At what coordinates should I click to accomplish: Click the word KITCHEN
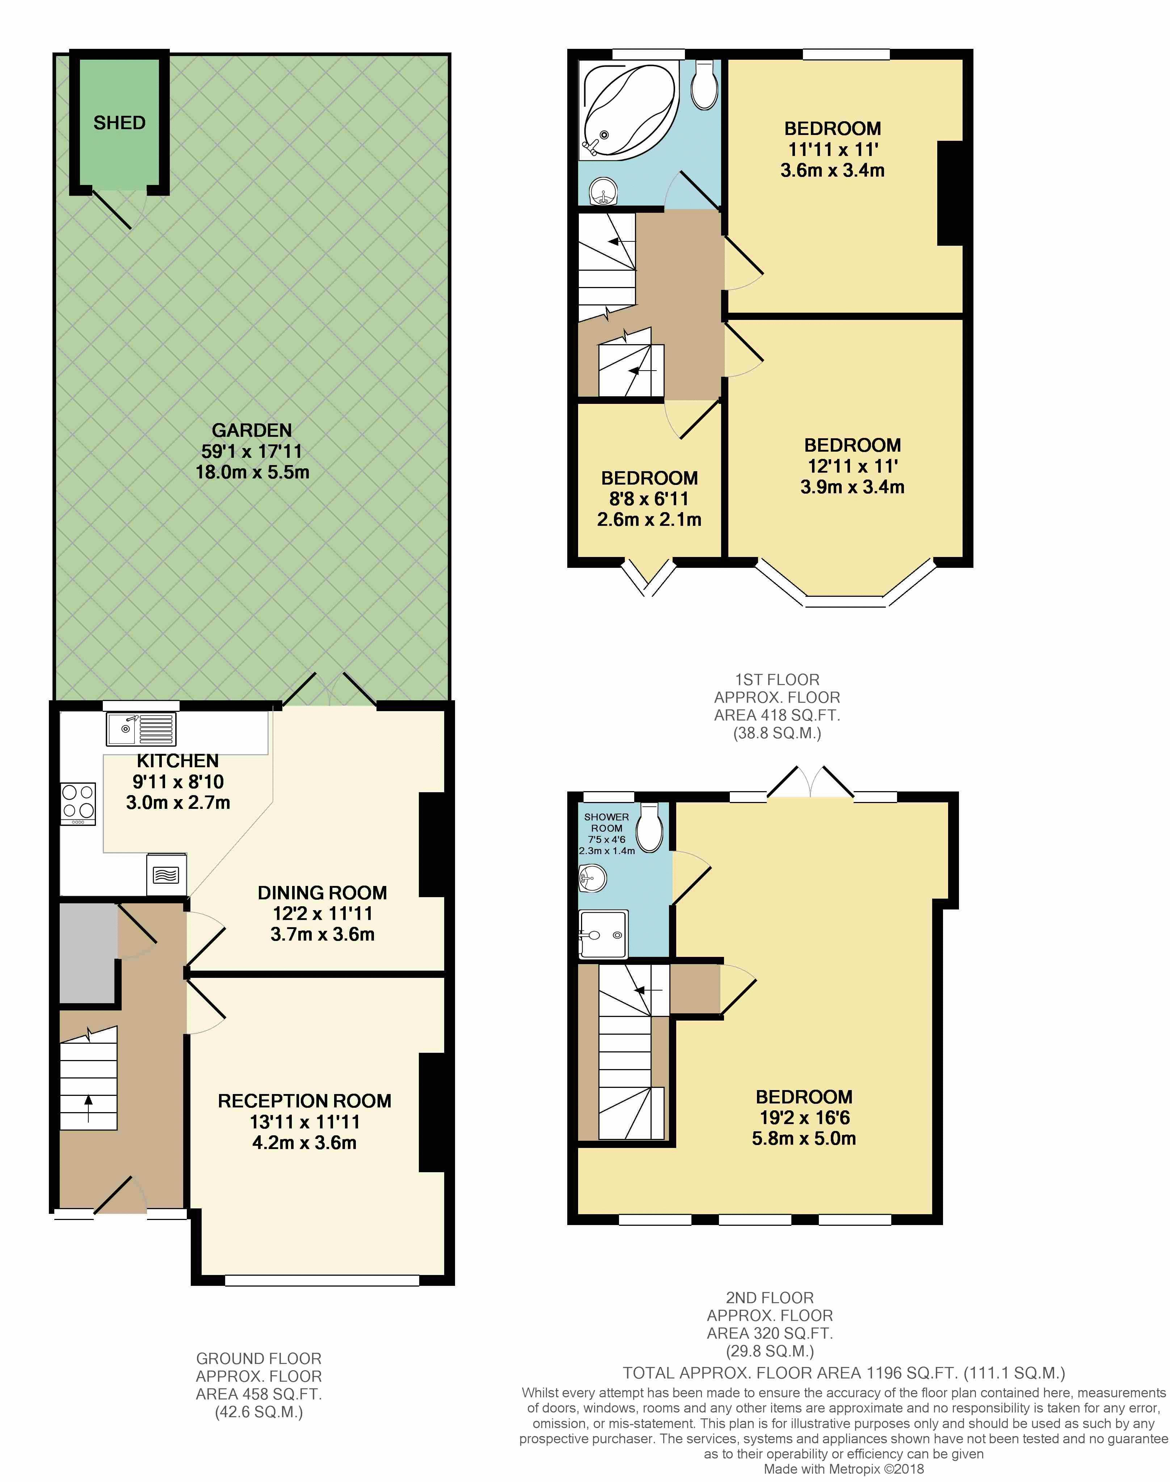[x=177, y=761]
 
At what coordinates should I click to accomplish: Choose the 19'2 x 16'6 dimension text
[x=804, y=1118]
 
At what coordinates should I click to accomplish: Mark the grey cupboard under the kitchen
[x=87, y=953]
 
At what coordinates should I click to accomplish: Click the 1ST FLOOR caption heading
[x=777, y=680]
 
